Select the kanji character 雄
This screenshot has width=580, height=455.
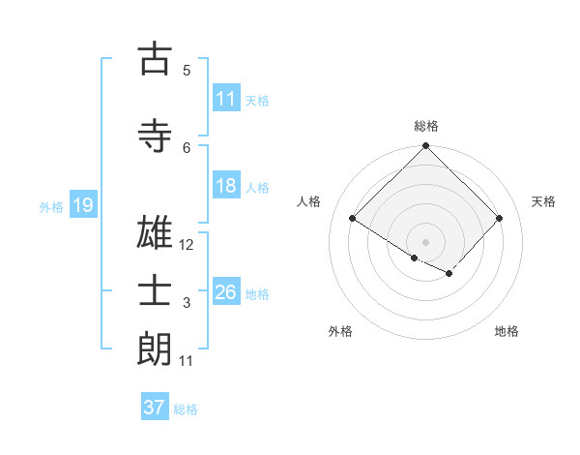pyautogui.click(x=154, y=236)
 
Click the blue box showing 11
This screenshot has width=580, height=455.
pyautogui.click(x=226, y=100)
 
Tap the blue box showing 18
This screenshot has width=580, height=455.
pyautogui.click(x=226, y=187)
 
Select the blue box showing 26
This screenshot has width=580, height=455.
pyautogui.click(x=226, y=293)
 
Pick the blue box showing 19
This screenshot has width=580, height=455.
pyautogui.click(x=83, y=205)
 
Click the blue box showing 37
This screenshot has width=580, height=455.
pyautogui.click(x=155, y=408)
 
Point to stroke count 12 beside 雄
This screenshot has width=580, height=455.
pyautogui.click(x=188, y=245)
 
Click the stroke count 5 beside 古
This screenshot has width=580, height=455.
pyautogui.click(x=187, y=70)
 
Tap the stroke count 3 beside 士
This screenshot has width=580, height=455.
pyautogui.click(x=187, y=304)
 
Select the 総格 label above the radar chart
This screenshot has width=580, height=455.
pyautogui.click(x=426, y=126)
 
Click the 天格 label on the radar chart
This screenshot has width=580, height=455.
pyautogui.click(x=543, y=201)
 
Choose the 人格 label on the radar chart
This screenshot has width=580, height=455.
pyautogui.click(x=309, y=201)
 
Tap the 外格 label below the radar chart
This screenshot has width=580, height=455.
pyautogui.click(x=340, y=331)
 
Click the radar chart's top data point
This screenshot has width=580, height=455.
pyautogui.click(x=425, y=147)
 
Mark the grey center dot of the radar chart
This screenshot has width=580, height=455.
pyautogui.click(x=425, y=241)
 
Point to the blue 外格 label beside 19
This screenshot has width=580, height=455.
pyautogui.click(x=50, y=206)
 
